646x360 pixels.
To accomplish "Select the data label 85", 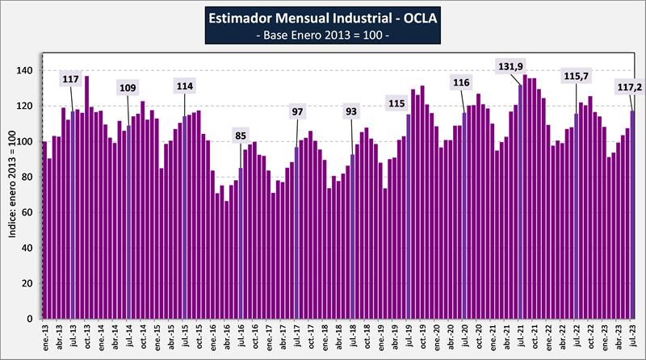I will click(x=240, y=135).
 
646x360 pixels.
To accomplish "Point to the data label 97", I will click(x=297, y=111).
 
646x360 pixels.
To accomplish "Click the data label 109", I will click(x=128, y=89).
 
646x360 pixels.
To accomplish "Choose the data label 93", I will click(x=352, y=111).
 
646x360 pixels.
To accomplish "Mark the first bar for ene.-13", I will click(x=44, y=230).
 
